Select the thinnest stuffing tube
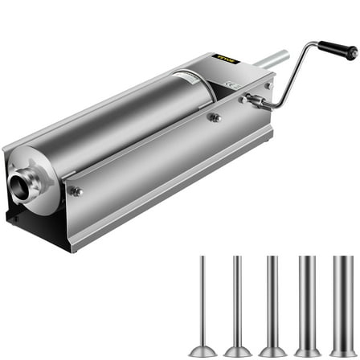click(202, 297)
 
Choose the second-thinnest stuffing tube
click(237, 297)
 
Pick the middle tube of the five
click(272, 297)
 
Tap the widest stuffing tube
click(342, 297)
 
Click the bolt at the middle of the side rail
click(215, 117)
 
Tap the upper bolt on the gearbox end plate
click(268, 85)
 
